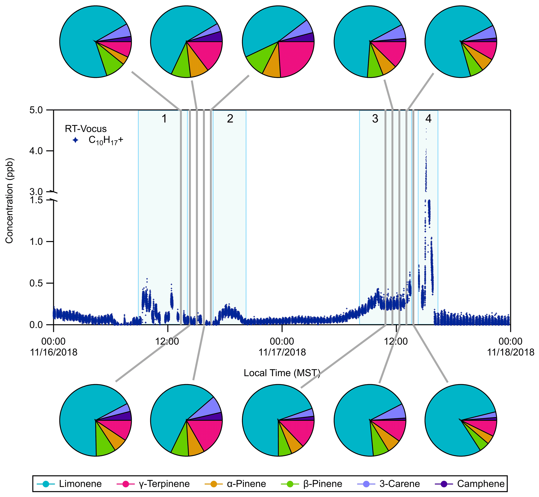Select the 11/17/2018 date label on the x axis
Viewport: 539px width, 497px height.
click(282, 352)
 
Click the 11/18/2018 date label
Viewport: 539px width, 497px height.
click(511, 352)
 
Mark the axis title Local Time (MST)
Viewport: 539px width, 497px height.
click(282, 373)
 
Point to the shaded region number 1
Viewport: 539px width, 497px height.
click(164, 119)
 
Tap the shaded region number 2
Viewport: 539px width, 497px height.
click(230, 119)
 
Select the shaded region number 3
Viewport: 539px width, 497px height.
click(375, 119)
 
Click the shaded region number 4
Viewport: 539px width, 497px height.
click(428, 119)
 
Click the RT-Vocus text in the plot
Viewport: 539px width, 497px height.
click(86, 129)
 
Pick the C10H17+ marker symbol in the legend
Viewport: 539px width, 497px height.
click(76, 140)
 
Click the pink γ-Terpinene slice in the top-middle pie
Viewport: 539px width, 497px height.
click(296, 58)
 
